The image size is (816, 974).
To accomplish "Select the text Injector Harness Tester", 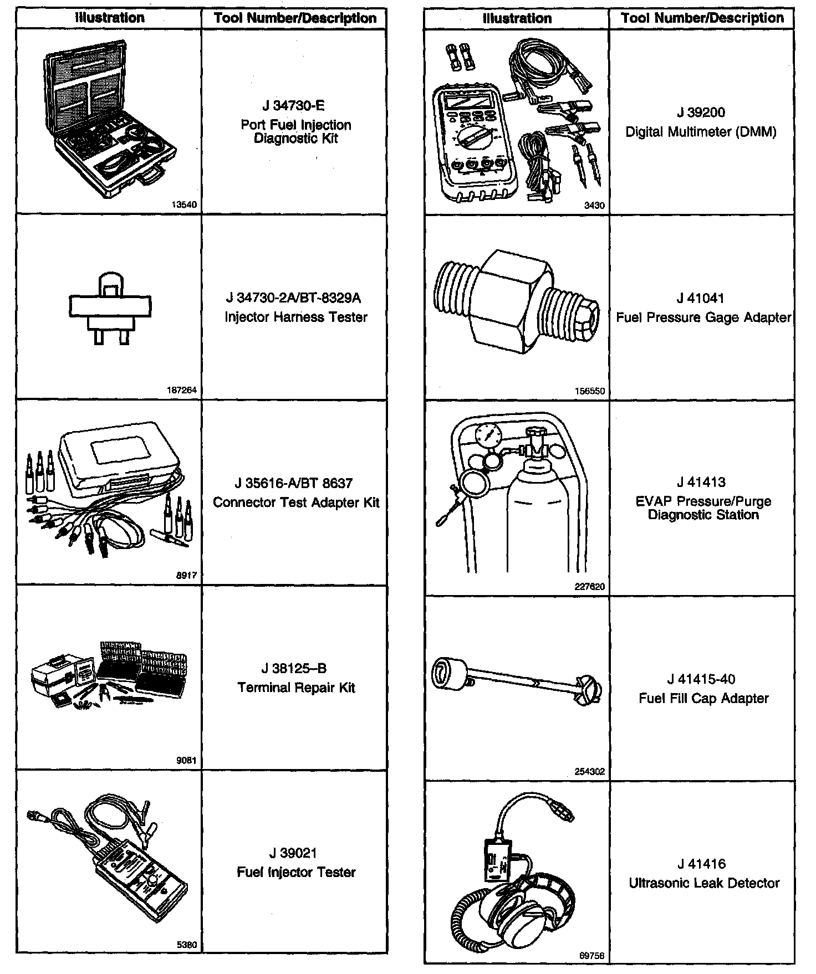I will [x=295, y=317].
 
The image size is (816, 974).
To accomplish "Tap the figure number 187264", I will [x=182, y=390].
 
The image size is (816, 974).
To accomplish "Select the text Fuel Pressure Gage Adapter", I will [x=703, y=317].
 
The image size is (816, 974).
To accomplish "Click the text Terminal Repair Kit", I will [x=296, y=688].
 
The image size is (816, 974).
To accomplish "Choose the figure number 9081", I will [x=186, y=761].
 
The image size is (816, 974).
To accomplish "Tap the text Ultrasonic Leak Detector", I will [x=704, y=883].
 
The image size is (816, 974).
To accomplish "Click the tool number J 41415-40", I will [x=701, y=679].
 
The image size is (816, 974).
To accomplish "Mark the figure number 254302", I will [x=590, y=771].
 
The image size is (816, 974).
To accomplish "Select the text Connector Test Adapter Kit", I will [x=296, y=503].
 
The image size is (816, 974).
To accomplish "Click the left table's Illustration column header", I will [x=110, y=18].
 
